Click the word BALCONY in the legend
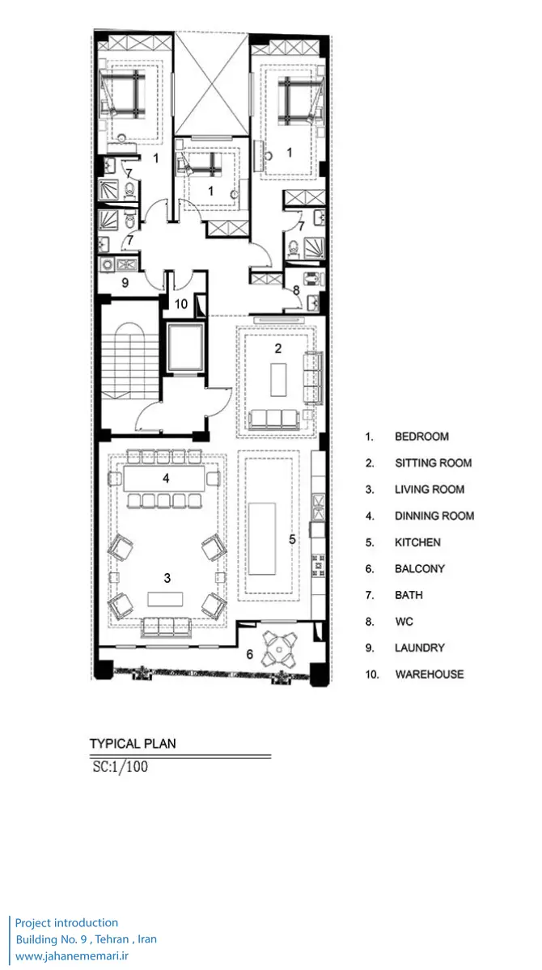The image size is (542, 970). pos(419,568)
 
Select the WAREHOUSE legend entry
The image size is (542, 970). pos(430,674)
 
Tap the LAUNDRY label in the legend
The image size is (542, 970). pos(419,647)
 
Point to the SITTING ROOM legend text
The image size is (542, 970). pos(434,463)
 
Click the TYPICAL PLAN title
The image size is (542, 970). pos(133,744)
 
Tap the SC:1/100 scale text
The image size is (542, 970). pos(120,766)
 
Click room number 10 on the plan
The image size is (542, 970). pos(181,304)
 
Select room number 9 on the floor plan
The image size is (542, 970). pos(125,283)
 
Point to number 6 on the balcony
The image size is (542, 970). pos(249,654)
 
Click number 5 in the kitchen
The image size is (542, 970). pos(293,539)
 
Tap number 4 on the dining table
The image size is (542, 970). pos(166,478)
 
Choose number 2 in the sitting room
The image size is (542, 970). pos(278,348)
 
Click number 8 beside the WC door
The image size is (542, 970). pos(296,290)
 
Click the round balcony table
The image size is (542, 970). pos(279,650)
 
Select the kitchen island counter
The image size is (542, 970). pos(262,538)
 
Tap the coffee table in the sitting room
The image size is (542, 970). pos(278,380)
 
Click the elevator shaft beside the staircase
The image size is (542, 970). pos(185,347)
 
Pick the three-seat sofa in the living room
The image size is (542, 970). pos(166,627)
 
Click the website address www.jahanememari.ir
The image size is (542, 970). pos(72,955)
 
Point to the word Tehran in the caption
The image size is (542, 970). pos(112,938)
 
